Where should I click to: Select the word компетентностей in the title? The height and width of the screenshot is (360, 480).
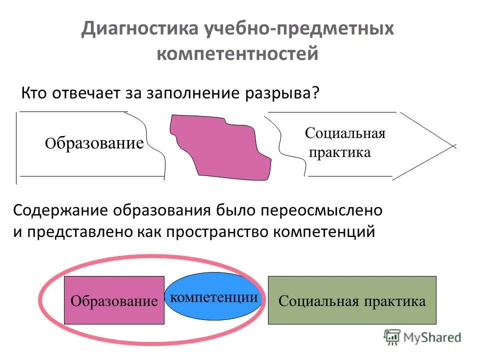click(237, 53)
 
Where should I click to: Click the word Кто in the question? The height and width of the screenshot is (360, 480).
click(35, 93)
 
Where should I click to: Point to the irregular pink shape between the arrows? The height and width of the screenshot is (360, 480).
click(220, 147)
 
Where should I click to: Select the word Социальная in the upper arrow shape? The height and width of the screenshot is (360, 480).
click(345, 133)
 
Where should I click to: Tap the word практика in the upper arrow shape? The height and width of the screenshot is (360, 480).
click(340, 152)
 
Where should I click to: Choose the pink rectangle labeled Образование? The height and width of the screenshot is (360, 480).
click(114, 300)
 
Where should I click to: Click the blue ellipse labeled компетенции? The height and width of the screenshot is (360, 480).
click(214, 297)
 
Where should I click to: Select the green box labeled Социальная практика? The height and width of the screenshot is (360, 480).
click(352, 300)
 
